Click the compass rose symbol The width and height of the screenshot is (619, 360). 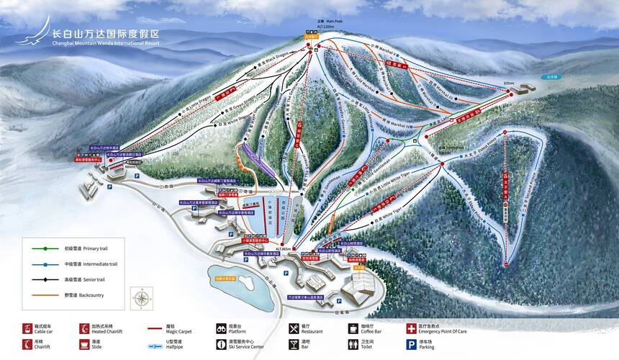142,298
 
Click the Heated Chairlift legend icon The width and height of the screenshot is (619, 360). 85,328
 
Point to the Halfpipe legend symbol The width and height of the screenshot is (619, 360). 153,346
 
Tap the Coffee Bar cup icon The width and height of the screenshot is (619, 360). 353,328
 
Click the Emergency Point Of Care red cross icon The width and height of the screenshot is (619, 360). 411,328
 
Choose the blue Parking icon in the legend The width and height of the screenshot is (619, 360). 411,346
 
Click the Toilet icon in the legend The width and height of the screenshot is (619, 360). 353,346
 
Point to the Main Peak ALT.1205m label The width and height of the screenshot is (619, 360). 330,23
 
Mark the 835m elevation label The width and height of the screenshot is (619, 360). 509,84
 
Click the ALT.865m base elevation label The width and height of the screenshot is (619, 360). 283,248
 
